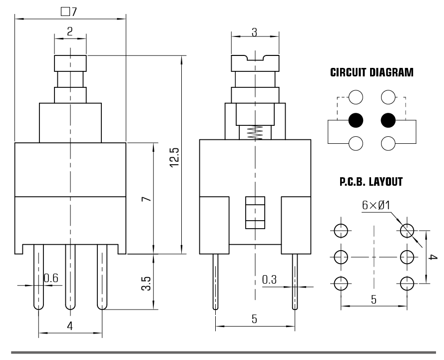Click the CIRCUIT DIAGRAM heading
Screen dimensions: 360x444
pyautogui.click(x=372, y=73)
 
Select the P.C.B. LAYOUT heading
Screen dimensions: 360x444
pyautogui.click(x=371, y=182)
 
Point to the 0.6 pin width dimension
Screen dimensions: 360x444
pyautogui.click(x=51, y=278)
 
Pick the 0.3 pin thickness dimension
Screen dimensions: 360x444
pyautogui.click(x=270, y=280)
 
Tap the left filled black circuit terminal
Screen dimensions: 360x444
pyautogui.click(x=356, y=120)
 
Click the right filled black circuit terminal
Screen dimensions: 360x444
pyautogui.click(x=389, y=120)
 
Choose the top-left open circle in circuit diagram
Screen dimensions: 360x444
pyautogui.click(x=356, y=97)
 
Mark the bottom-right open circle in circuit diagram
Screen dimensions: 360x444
pyautogui.click(x=389, y=144)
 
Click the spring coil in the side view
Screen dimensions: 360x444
pyautogui.click(x=254, y=132)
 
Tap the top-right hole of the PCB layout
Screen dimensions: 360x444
pyautogui.click(x=407, y=230)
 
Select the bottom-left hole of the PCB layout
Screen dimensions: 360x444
pyautogui.click(x=340, y=284)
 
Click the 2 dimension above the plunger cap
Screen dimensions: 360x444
pyautogui.click(x=69, y=31)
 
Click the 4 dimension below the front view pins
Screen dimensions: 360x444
pyautogui.click(x=70, y=326)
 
